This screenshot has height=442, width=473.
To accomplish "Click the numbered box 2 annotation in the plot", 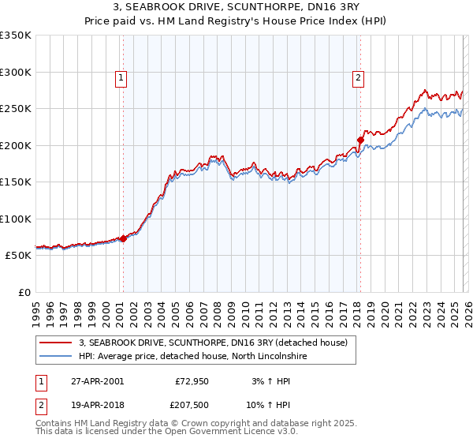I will [x=358, y=77].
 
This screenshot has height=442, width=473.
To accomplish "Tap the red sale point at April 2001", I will [x=123, y=239].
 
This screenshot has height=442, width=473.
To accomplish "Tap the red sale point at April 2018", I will [x=360, y=140].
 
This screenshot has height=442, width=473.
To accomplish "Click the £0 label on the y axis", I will [x=25, y=293].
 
